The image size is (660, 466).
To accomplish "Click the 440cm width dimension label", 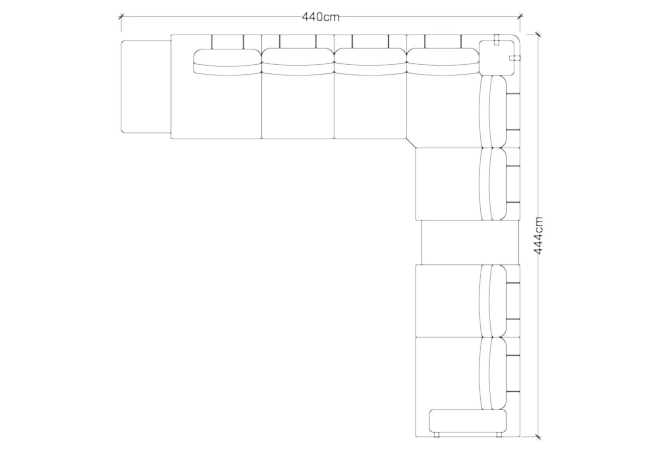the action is click(x=320, y=17).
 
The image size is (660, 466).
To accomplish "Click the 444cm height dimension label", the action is click(x=538, y=236).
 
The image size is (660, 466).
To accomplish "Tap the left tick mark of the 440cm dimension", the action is click(x=121, y=16).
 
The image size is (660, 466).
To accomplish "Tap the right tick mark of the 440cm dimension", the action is click(x=520, y=16).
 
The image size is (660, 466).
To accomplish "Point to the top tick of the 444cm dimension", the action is click(x=538, y=35).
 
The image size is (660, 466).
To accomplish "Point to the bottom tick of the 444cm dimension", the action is click(x=538, y=437).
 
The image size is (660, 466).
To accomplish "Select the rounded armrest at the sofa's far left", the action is click(x=146, y=87).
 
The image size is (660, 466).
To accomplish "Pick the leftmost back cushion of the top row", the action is click(x=227, y=62).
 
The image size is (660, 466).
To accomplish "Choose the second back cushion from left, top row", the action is click(x=298, y=62).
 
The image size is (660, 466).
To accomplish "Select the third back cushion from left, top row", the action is click(x=370, y=62).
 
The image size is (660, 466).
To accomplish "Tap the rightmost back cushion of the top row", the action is click(x=443, y=62).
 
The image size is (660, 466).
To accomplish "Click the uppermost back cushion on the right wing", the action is click(x=493, y=112).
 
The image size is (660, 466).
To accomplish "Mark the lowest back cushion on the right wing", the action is click(x=493, y=373).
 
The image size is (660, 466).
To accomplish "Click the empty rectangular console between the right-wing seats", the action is click(x=470, y=242).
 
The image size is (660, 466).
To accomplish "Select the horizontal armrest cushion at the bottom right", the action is click(x=468, y=421).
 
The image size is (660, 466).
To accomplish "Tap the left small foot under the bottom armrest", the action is click(x=437, y=435).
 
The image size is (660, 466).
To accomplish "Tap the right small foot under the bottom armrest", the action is click(x=499, y=435).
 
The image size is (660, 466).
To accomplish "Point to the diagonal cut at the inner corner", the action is click(x=411, y=143).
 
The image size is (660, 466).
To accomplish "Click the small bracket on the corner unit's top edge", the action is click(x=497, y=39).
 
